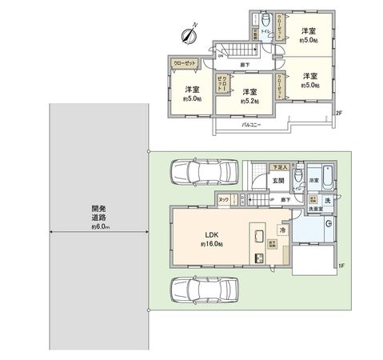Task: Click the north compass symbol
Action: [190, 34]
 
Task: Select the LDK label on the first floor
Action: [211, 234]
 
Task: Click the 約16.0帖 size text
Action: [211, 243]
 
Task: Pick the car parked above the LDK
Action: [203, 171]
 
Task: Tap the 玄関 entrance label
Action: [276, 181]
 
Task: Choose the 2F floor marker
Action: [339, 112]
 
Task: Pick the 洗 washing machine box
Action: [327, 199]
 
